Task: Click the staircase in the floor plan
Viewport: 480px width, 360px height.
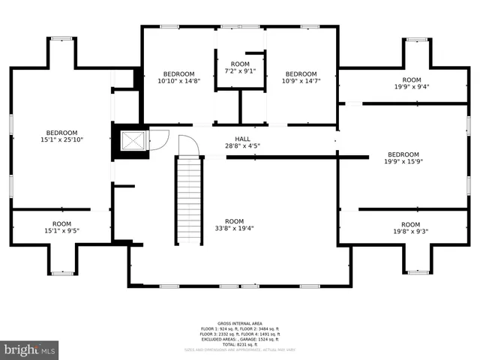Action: tap(190, 199)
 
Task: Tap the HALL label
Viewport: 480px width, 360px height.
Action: tap(242, 139)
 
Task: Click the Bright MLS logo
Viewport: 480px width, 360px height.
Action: tap(30, 349)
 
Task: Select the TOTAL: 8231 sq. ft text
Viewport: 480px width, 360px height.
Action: tap(240, 343)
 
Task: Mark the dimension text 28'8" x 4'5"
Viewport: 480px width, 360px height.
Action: tap(242, 146)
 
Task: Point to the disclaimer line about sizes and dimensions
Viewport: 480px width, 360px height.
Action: tap(240, 349)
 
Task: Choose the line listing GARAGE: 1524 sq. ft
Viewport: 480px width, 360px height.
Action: tap(240, 337)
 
